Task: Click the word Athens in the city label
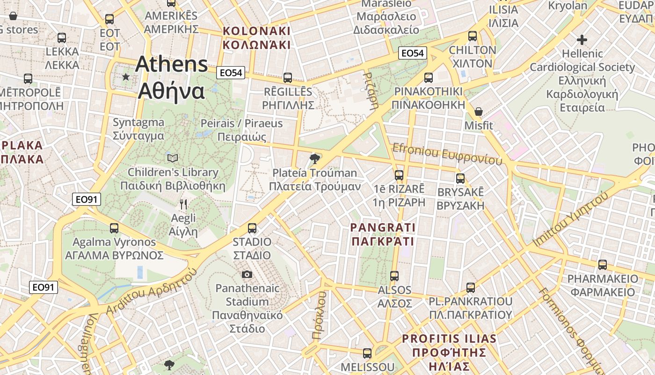[x=171, y=65]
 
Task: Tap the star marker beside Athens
[x=125, y=76]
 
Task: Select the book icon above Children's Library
[x=173, y=158]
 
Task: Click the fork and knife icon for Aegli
[x=183, y=204]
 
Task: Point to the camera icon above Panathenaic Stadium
[x=247, y=274]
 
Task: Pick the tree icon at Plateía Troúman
[x=315, y=158]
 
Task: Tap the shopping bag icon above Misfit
[x=479, y=112]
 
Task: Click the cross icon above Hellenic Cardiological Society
[x=582, y=39]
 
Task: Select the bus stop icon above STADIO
[x=252, y=228]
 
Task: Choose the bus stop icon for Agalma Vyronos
[x=114, y=228]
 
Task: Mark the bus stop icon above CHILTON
[x=473, y=36]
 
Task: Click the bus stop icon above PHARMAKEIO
[x=603, y=265]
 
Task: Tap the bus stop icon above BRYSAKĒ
[x=460, y=179]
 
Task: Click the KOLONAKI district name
[x=256, y=31]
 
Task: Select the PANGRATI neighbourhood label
[x=383, y=228]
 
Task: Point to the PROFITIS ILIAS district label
[x=449, y=338]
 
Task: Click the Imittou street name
[x=572, y=219]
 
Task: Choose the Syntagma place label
[x=138, y=123]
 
